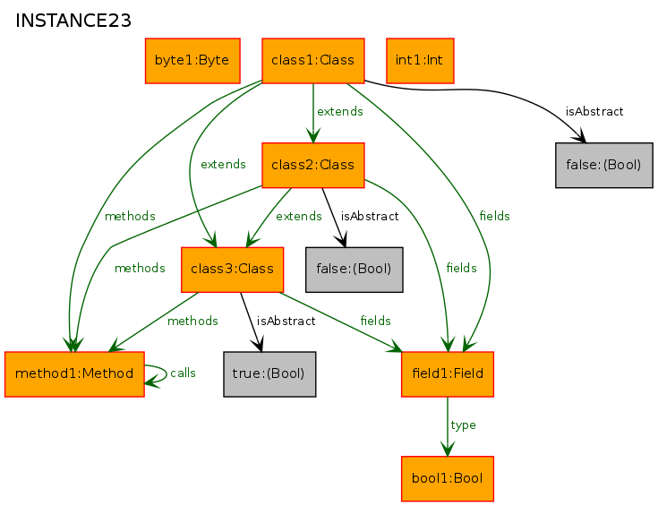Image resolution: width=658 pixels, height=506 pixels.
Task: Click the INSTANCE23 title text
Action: point(73,21)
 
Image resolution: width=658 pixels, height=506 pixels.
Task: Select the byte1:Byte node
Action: point(192,61)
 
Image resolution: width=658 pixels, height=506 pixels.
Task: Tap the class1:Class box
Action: point(313,61)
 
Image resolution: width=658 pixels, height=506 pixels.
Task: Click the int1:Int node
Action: point(420,61)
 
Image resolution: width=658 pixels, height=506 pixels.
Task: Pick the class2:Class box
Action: point(313,165)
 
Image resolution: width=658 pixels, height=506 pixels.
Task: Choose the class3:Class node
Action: point(233,270)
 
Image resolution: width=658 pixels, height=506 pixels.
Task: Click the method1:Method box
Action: point(74,374)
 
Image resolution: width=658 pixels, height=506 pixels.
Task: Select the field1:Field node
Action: point(448,374)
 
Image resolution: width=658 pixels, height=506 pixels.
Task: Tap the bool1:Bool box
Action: point(448,479)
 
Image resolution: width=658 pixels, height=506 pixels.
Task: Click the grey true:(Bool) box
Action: point(269,374)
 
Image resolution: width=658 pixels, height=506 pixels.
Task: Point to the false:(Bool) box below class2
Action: point(355,270)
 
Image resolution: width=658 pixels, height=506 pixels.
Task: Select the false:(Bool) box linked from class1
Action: point(604,165)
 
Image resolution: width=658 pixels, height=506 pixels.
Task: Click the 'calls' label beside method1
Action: point(183,373)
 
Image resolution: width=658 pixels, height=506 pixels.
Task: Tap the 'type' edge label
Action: point(464,425)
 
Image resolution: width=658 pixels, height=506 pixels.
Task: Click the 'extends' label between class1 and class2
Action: point(340,112)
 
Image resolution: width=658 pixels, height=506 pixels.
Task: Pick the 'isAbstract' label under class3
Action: point(286,321)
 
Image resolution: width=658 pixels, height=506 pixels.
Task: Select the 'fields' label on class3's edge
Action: point(376,321)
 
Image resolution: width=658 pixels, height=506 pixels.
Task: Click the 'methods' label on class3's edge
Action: point(192,321)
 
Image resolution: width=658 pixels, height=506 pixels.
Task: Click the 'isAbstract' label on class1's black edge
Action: point(594,112)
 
